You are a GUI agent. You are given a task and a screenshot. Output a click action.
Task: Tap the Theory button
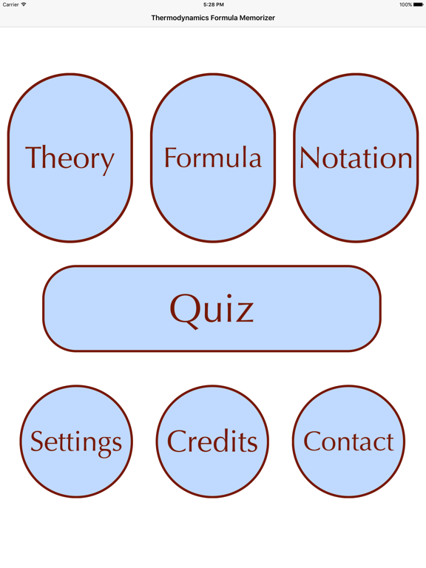pyautogui.click(x=70, y=158)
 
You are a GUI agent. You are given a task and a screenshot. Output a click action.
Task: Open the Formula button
pyautogui.click(x=213, y=158)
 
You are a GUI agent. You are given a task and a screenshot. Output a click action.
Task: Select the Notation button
pyautogui.click(x=356, y=158)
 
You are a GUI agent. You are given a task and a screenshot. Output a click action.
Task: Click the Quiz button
pyautogui.click(x=212, y=308)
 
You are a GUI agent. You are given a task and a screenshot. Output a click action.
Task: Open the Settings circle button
pyautogui.click(x=76, y=442)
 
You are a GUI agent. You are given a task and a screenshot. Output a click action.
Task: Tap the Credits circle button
pyautogui.click(x=213, y=442)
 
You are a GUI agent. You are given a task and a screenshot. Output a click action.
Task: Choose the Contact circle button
pyautogui.click(x=348, y=442)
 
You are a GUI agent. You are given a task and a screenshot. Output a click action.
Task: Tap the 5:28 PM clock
pyautogui.click(x=213, y=4)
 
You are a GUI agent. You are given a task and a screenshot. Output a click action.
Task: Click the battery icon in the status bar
pyautogui.click(x=418, y=4)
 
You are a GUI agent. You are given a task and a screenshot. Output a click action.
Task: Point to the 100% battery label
pyautogui.click(x=406, y=4)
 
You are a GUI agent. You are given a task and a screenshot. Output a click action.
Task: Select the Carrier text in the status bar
pyautogui.click(x=10, y=4)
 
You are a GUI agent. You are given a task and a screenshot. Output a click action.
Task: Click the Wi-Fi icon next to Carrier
pyautogui.click(x=24, y=4)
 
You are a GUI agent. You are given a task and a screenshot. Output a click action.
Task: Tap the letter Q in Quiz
pyautogui.click(x=184, y=311)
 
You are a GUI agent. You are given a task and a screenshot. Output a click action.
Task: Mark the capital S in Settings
pyautogui.click(x=37, y=441)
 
